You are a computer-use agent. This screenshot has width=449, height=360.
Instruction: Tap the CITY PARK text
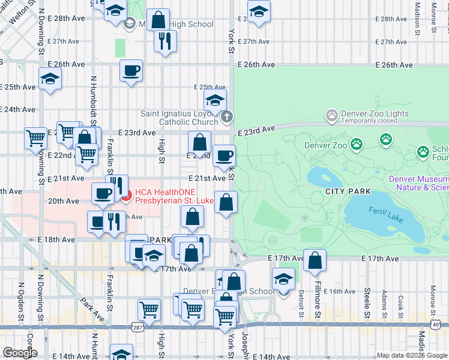348,191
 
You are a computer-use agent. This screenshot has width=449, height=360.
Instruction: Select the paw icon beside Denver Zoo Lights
331,114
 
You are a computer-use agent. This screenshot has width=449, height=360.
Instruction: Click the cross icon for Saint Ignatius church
226,117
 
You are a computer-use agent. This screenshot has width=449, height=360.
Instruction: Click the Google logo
20,353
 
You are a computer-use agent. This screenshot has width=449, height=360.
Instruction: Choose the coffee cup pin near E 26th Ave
131,71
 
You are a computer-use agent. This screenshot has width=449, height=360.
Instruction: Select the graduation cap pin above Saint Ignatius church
215,101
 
